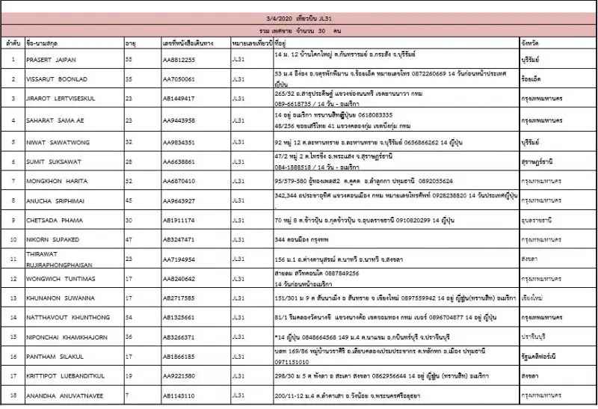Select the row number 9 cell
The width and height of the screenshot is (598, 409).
[x=13, y=221]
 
